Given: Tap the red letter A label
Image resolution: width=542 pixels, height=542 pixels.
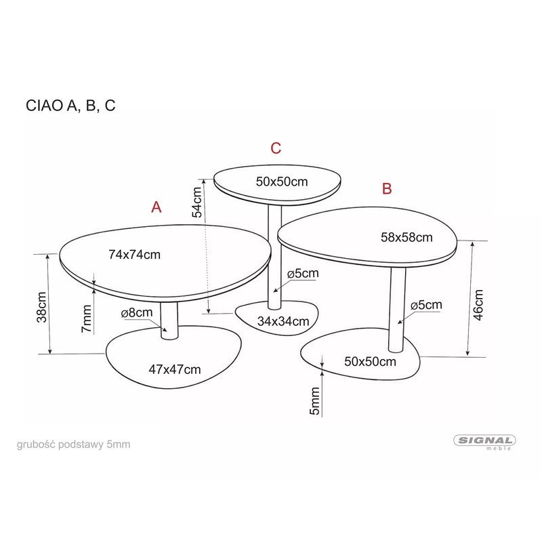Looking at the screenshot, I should pyautogui.click(x=157, y=207).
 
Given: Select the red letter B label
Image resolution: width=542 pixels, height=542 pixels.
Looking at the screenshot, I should pyautogui.click(x=387, y=189).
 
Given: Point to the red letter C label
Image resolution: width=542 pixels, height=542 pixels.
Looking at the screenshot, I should pyautogui.click(x=276, y=148).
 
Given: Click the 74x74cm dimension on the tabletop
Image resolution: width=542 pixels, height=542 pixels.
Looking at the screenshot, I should pyautogui.click(x=134, y=255).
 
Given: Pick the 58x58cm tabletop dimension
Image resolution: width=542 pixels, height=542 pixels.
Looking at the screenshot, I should pyautogui.click(x=406, y=237).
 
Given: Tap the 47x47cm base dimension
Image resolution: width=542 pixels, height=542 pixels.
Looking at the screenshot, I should pyautogui.click(x=175, y=369).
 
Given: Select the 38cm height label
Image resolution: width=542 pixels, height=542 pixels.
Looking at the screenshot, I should pyautogui.click(x=42, y=306).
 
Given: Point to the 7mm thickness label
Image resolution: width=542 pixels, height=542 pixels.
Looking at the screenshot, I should pyautogui.click(x=86, y=318).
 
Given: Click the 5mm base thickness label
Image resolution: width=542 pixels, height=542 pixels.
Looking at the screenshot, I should pyautogui.click(x=314, y=402).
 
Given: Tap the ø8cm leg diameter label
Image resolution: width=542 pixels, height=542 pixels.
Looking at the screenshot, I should pyautogui.click(x=137, y=313).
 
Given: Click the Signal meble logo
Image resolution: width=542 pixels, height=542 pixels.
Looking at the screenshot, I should pyautogui.click(x=484, y=442).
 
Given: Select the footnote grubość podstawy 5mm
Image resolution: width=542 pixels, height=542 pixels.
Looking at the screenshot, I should pyautogui.click(x=73, y=444).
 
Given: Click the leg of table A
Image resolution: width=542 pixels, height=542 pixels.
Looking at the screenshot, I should pyautogui.click(x=169, y=319).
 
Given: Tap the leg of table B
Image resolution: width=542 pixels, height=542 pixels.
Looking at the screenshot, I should pyautogui.click(x=397, y=309).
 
